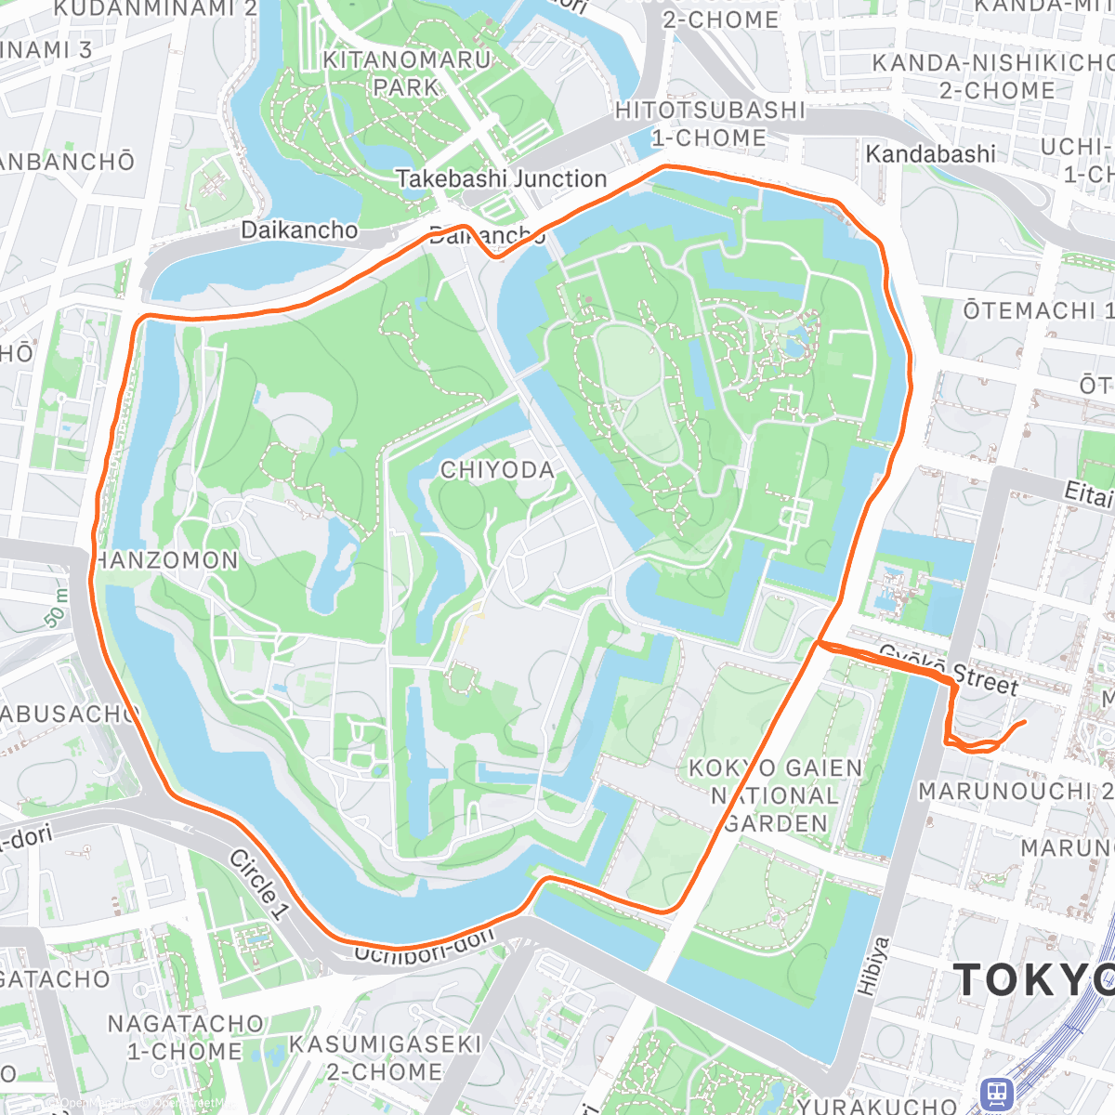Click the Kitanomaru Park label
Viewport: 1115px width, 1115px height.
(x=406, y=73)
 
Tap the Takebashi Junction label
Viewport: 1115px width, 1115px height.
(x=501, y=178)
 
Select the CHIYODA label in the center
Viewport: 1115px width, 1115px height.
(x=497, y=470)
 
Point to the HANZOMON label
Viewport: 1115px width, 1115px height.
(x=166, y=560)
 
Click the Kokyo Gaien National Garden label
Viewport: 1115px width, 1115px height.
(x=775, y=795)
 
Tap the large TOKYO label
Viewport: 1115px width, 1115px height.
(x=1032, y=980)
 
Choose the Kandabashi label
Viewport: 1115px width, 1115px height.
(x=930, y=153)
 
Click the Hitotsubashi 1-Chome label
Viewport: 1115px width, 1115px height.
(x=709, y=124)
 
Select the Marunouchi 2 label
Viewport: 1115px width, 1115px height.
(x=1015, y=791)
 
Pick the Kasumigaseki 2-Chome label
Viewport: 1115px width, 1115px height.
(x=385, y=1057)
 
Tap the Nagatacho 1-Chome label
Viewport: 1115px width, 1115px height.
(x=185, y=1037)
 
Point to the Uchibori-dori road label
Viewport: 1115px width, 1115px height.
(x=426, y=947)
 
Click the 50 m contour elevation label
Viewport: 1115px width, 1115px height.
(x=56, y=608)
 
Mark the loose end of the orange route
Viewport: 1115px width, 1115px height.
(x=1024, y=722)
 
